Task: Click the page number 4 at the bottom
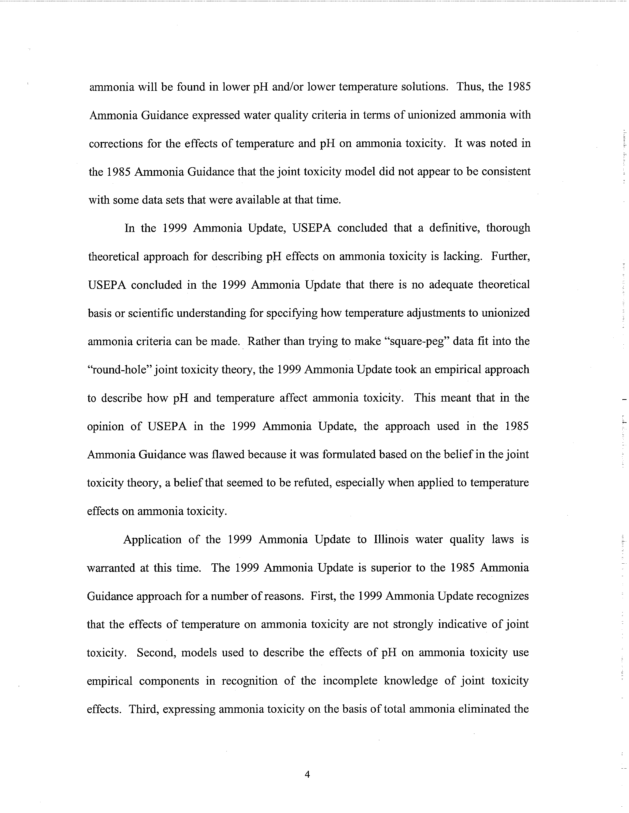tap(307, 775)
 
